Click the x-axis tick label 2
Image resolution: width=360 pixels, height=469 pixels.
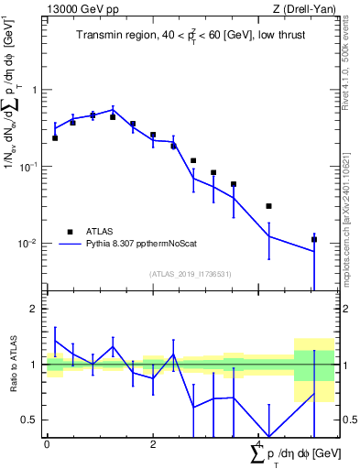tap(152, 443)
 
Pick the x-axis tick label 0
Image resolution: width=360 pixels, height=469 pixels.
tap(47, 443)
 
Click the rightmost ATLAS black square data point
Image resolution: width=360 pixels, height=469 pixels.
tap(314, 239)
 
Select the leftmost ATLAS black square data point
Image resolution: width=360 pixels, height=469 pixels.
tap(55, 138)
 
